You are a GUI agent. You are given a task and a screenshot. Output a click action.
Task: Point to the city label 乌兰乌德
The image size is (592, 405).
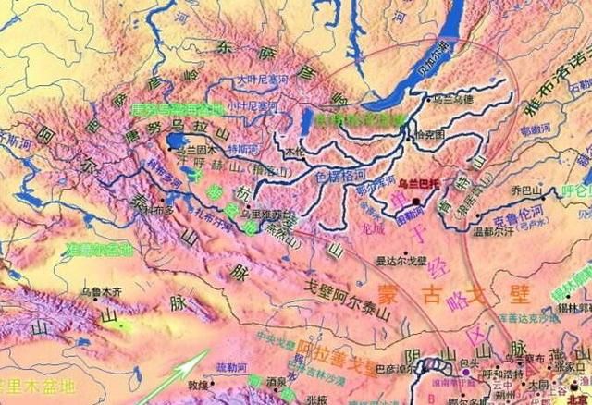pyautogui.click(x=450, y=99)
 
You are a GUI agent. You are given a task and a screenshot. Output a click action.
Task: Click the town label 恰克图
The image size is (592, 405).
pyautogui.click(x=431, y=135)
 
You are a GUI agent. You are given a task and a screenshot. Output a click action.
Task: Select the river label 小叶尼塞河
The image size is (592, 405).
pyautogui.click(x=255, y=106)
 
